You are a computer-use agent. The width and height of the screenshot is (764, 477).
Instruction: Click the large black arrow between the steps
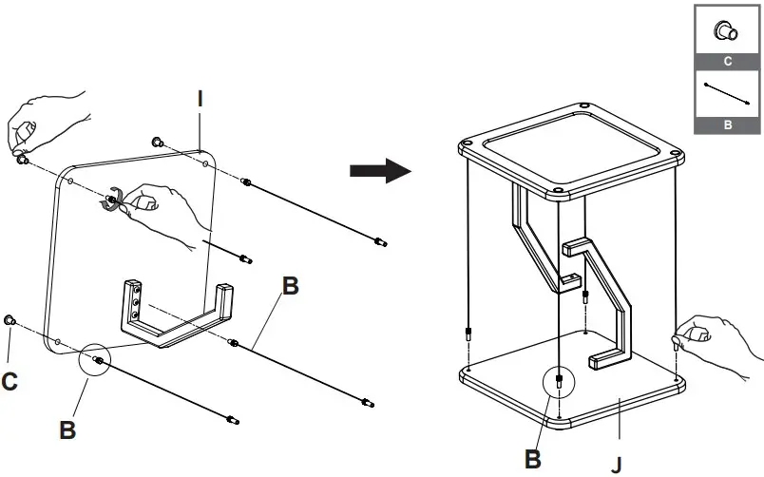[x=379, y=171]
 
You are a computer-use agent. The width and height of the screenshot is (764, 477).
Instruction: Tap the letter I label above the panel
[x=201, y=98]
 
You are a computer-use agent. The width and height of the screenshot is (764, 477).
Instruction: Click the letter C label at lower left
[x=10, y=382]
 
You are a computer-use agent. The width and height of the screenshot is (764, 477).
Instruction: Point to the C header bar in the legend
[x=727, y=61]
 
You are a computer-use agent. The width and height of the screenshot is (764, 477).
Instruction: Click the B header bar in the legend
[x=727, y=124]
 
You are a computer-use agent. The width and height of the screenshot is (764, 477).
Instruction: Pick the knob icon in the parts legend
[x=727, y=30]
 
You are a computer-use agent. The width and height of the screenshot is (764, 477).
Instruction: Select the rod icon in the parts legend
[x=727, y=93]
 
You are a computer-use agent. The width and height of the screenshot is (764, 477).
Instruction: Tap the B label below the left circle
[x=67, y=429]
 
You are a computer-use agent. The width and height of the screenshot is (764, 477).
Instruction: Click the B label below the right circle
[x=534, y=460]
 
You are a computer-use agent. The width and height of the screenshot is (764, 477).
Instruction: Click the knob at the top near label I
[x=159, y=143]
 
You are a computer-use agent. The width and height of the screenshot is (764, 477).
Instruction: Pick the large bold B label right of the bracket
[x=291, y=285]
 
